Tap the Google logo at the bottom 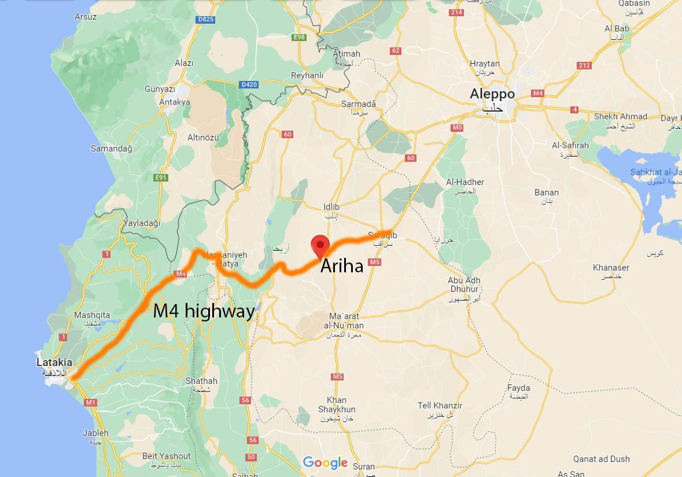click(325, 463)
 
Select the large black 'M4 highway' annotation click(204, 312)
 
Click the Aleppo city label click(492, 94)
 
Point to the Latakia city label click(54, 363)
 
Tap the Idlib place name click(331, 207)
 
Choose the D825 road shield click(205, 19)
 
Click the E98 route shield click(299, 38)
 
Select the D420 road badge click(249, 84)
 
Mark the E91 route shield click(161, 178)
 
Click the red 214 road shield click(456, 13)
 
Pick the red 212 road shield click(584, 65)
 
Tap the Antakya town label click(175, 102)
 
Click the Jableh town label click(95, 432)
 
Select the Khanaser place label click(611, 268)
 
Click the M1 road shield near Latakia click(90, 402)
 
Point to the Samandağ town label click(111, 149)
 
